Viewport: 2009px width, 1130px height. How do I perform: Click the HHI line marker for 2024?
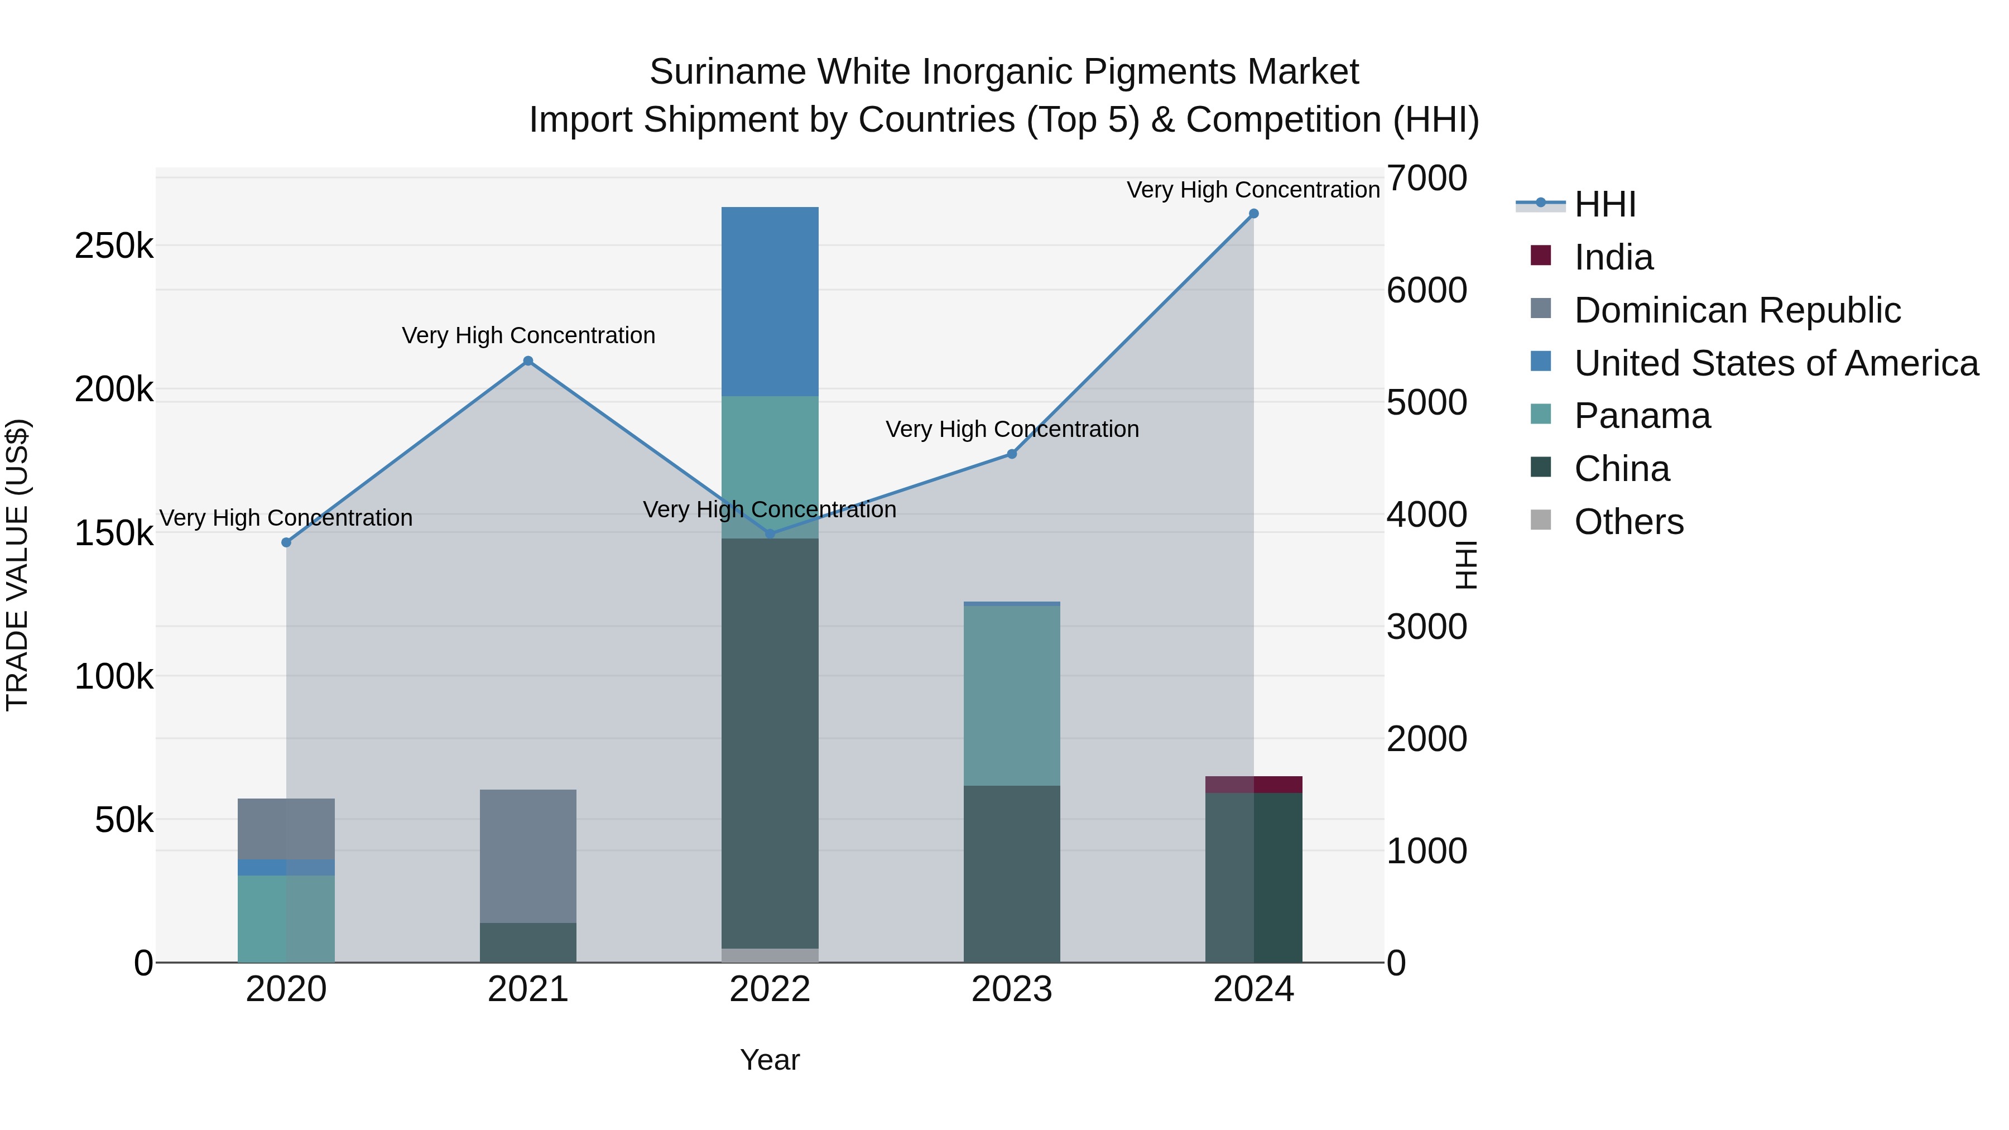point(1253,214)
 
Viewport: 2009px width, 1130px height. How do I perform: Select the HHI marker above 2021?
point(528,361)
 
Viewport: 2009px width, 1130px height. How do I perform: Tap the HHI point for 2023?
point(1012,454)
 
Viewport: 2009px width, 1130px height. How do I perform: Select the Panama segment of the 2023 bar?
point(1012,696)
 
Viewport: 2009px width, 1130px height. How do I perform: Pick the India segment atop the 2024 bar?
point(1253,785)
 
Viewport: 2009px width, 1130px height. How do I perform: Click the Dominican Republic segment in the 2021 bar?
point(528,855)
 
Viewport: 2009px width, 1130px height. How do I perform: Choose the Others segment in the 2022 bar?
point(770,955)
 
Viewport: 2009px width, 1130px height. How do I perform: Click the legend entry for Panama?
point(1642,416)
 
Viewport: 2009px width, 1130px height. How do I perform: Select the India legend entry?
point(1613,257)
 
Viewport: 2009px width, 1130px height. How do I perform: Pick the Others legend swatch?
point(1540,520)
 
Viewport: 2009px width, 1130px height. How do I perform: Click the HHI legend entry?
point(1604,204)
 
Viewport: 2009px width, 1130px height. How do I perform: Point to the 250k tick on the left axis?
point(114,247)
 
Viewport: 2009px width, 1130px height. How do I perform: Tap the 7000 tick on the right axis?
point(1426,178)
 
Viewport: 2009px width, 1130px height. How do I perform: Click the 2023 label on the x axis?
point(1012,989)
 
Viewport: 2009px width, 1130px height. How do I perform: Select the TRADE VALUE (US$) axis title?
point(17,565)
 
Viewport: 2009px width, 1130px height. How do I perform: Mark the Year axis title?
point(770,1060)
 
